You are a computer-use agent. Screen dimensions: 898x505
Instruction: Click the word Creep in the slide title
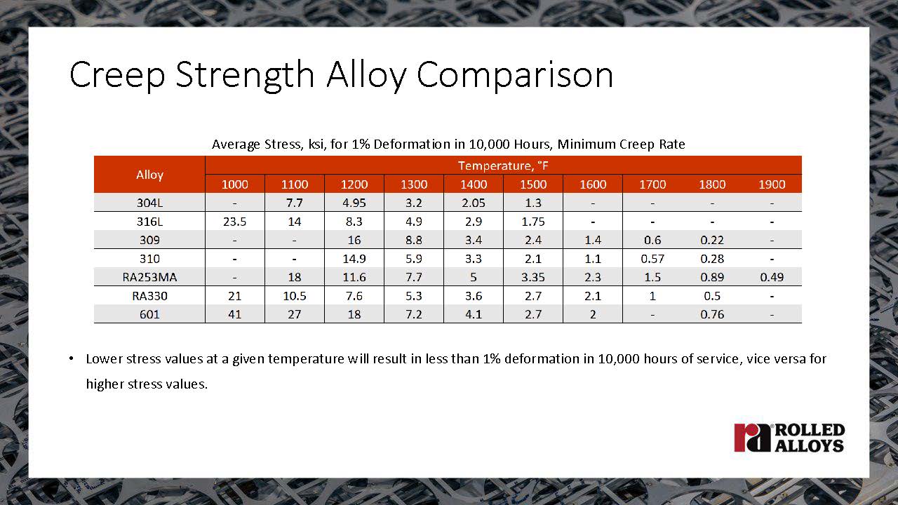coord(117,75)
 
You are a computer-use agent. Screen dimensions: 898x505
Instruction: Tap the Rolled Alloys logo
coord(789,438)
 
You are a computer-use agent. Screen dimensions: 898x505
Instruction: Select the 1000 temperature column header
coord(234,184)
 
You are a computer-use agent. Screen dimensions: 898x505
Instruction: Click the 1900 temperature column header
coord(772,184)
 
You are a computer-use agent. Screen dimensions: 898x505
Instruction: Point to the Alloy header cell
coord(149,175)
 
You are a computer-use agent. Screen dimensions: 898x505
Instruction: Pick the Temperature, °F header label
coord(503,166)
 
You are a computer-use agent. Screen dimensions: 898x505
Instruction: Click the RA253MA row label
coord(149,277)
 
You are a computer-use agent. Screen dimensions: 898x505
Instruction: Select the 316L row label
coord(149,221)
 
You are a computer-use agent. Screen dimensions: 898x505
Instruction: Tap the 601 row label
coord(149,314)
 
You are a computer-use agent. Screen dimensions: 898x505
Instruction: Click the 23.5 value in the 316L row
coord(234,221)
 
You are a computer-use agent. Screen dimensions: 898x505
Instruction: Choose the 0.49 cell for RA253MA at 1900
coord(772,277)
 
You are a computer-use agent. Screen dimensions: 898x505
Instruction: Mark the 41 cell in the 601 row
coord(234,314)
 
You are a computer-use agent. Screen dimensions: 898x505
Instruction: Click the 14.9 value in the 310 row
coord(354,259)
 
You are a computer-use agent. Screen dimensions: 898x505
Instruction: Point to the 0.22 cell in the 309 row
coord(712,240)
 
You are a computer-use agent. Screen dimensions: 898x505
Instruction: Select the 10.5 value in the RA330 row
coord(294,296)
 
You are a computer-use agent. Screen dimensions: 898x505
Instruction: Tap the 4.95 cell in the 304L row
coord(354,203)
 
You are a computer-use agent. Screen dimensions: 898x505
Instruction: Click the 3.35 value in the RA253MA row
coord(533,277)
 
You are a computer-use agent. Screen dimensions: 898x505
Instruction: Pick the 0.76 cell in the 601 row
coord(712,314)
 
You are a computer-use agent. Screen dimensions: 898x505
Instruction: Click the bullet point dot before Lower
coord(72,358)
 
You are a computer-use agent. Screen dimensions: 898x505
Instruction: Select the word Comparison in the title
coord(515,75)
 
